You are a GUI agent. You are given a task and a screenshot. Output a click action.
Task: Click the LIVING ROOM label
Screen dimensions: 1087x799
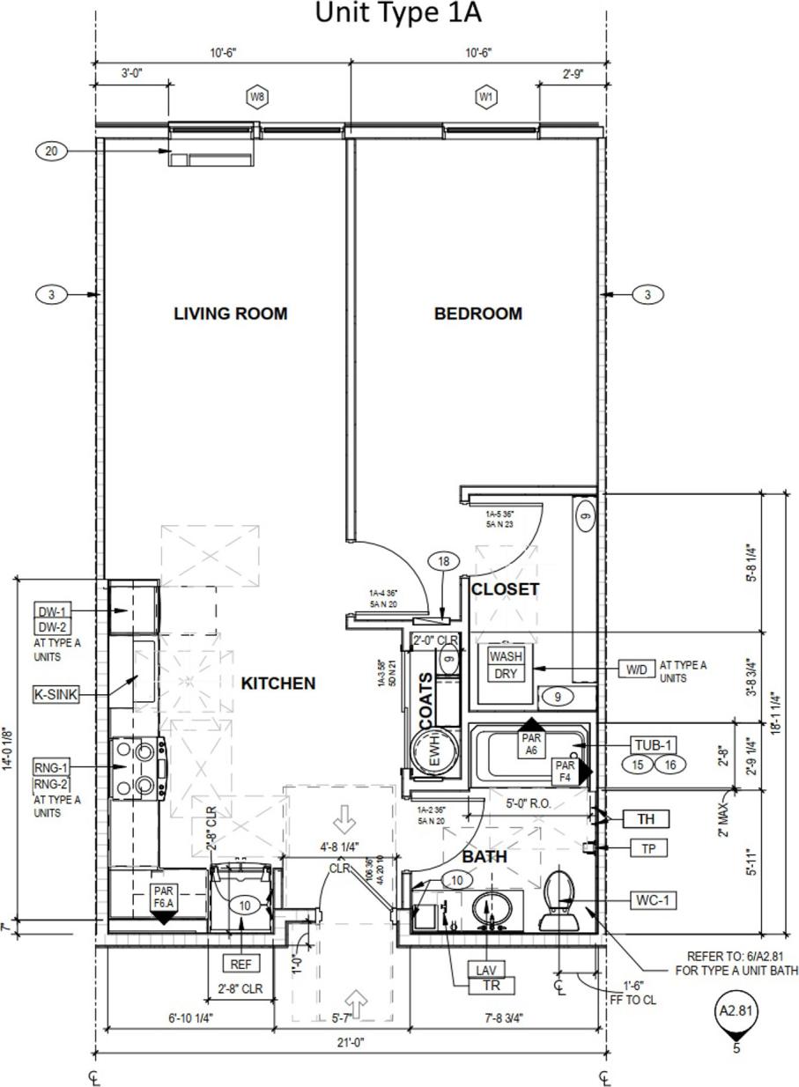(230, 314)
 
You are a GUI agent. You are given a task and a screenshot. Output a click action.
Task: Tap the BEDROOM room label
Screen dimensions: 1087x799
(477, 314)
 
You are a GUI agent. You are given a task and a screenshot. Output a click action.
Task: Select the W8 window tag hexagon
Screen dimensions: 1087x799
(256, 97)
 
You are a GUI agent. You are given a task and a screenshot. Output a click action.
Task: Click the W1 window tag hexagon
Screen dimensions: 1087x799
(485, 97)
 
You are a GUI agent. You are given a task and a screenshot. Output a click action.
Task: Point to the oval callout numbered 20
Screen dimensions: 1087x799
(51, 152)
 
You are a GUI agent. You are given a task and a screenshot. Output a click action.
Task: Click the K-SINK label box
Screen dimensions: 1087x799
(55, 694)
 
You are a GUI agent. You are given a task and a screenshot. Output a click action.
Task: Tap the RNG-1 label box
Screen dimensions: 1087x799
(51, 766)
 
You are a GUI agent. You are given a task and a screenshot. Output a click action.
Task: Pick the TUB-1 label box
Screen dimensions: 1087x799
(653, 745)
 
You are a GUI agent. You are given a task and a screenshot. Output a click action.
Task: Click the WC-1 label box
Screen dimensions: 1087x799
(653, 900)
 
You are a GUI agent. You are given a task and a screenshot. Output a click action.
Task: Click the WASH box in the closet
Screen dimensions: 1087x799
(506, 656)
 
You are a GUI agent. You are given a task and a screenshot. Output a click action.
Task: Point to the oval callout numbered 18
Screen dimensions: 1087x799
(443, 561)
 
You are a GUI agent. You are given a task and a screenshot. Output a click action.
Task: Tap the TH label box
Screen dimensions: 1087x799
(647, 819)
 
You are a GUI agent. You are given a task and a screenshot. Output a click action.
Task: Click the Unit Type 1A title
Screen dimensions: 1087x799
(398, 14)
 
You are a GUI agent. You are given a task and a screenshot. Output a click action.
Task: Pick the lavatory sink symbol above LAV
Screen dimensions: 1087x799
(490, 912)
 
